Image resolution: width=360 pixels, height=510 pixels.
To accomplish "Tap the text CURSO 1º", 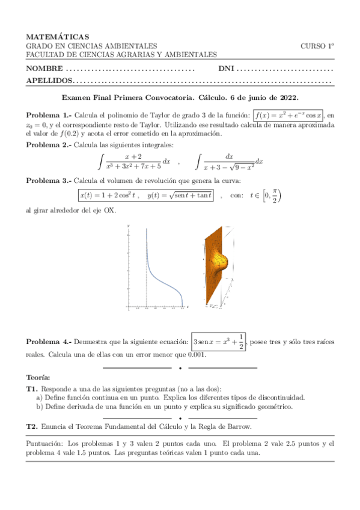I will tap(317, 46).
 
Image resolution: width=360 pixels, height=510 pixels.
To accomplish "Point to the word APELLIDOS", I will tap(49, 81).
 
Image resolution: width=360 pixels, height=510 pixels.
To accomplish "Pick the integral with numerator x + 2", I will tap(135, 161).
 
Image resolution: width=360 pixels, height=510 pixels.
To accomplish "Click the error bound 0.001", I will tap(196, 354).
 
